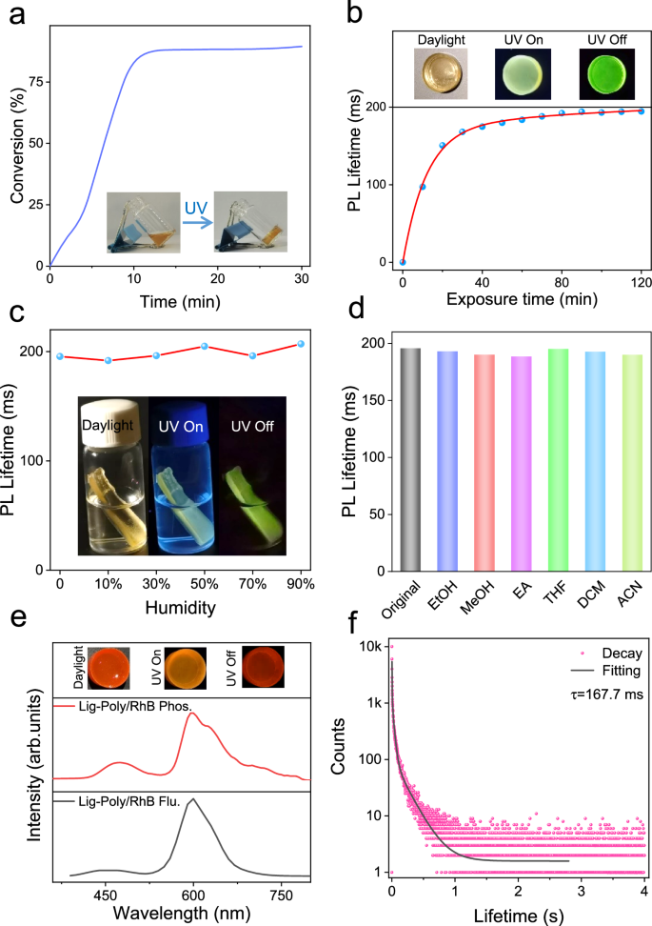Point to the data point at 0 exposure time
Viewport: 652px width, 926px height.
(403, 262)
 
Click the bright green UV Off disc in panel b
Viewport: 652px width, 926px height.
(605, 73)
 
